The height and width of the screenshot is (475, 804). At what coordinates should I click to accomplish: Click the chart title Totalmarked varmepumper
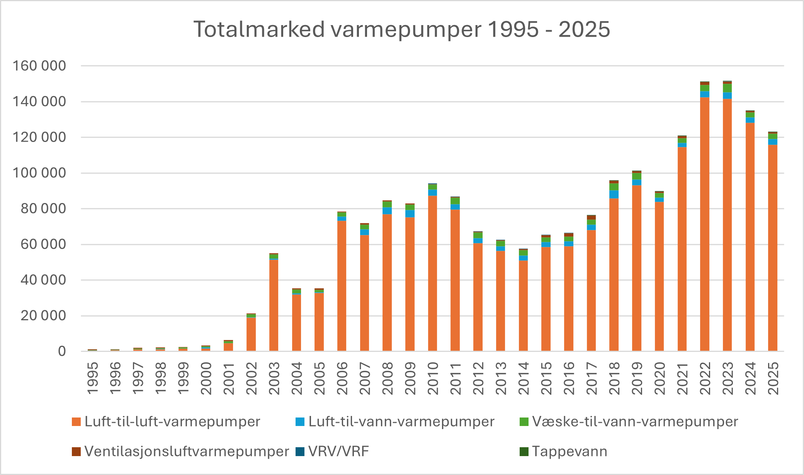pyautogui.click(x=401, y=29)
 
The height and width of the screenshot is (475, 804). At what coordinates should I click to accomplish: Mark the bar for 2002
pyautogui.click(x=251, y=334)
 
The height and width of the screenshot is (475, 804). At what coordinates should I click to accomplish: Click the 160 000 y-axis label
pyautogui.click(x=39, y=66)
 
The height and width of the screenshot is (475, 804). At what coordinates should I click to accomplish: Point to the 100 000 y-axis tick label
pyautogui.click(x=39, y=173)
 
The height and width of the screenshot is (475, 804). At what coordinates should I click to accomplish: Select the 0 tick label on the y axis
pyautogui.click(x=62, y=351)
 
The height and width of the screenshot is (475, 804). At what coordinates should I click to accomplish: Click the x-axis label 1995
pyautogui.click(x=93, y=378)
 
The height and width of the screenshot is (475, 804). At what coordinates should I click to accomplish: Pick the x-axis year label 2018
pyautogui.click(x=614, y=378)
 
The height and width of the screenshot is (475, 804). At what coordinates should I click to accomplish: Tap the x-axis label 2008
pyautogui.click(x=387, y=378)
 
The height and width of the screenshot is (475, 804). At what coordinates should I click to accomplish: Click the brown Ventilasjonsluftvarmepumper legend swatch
pyautogui.click(x=76, y=451)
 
